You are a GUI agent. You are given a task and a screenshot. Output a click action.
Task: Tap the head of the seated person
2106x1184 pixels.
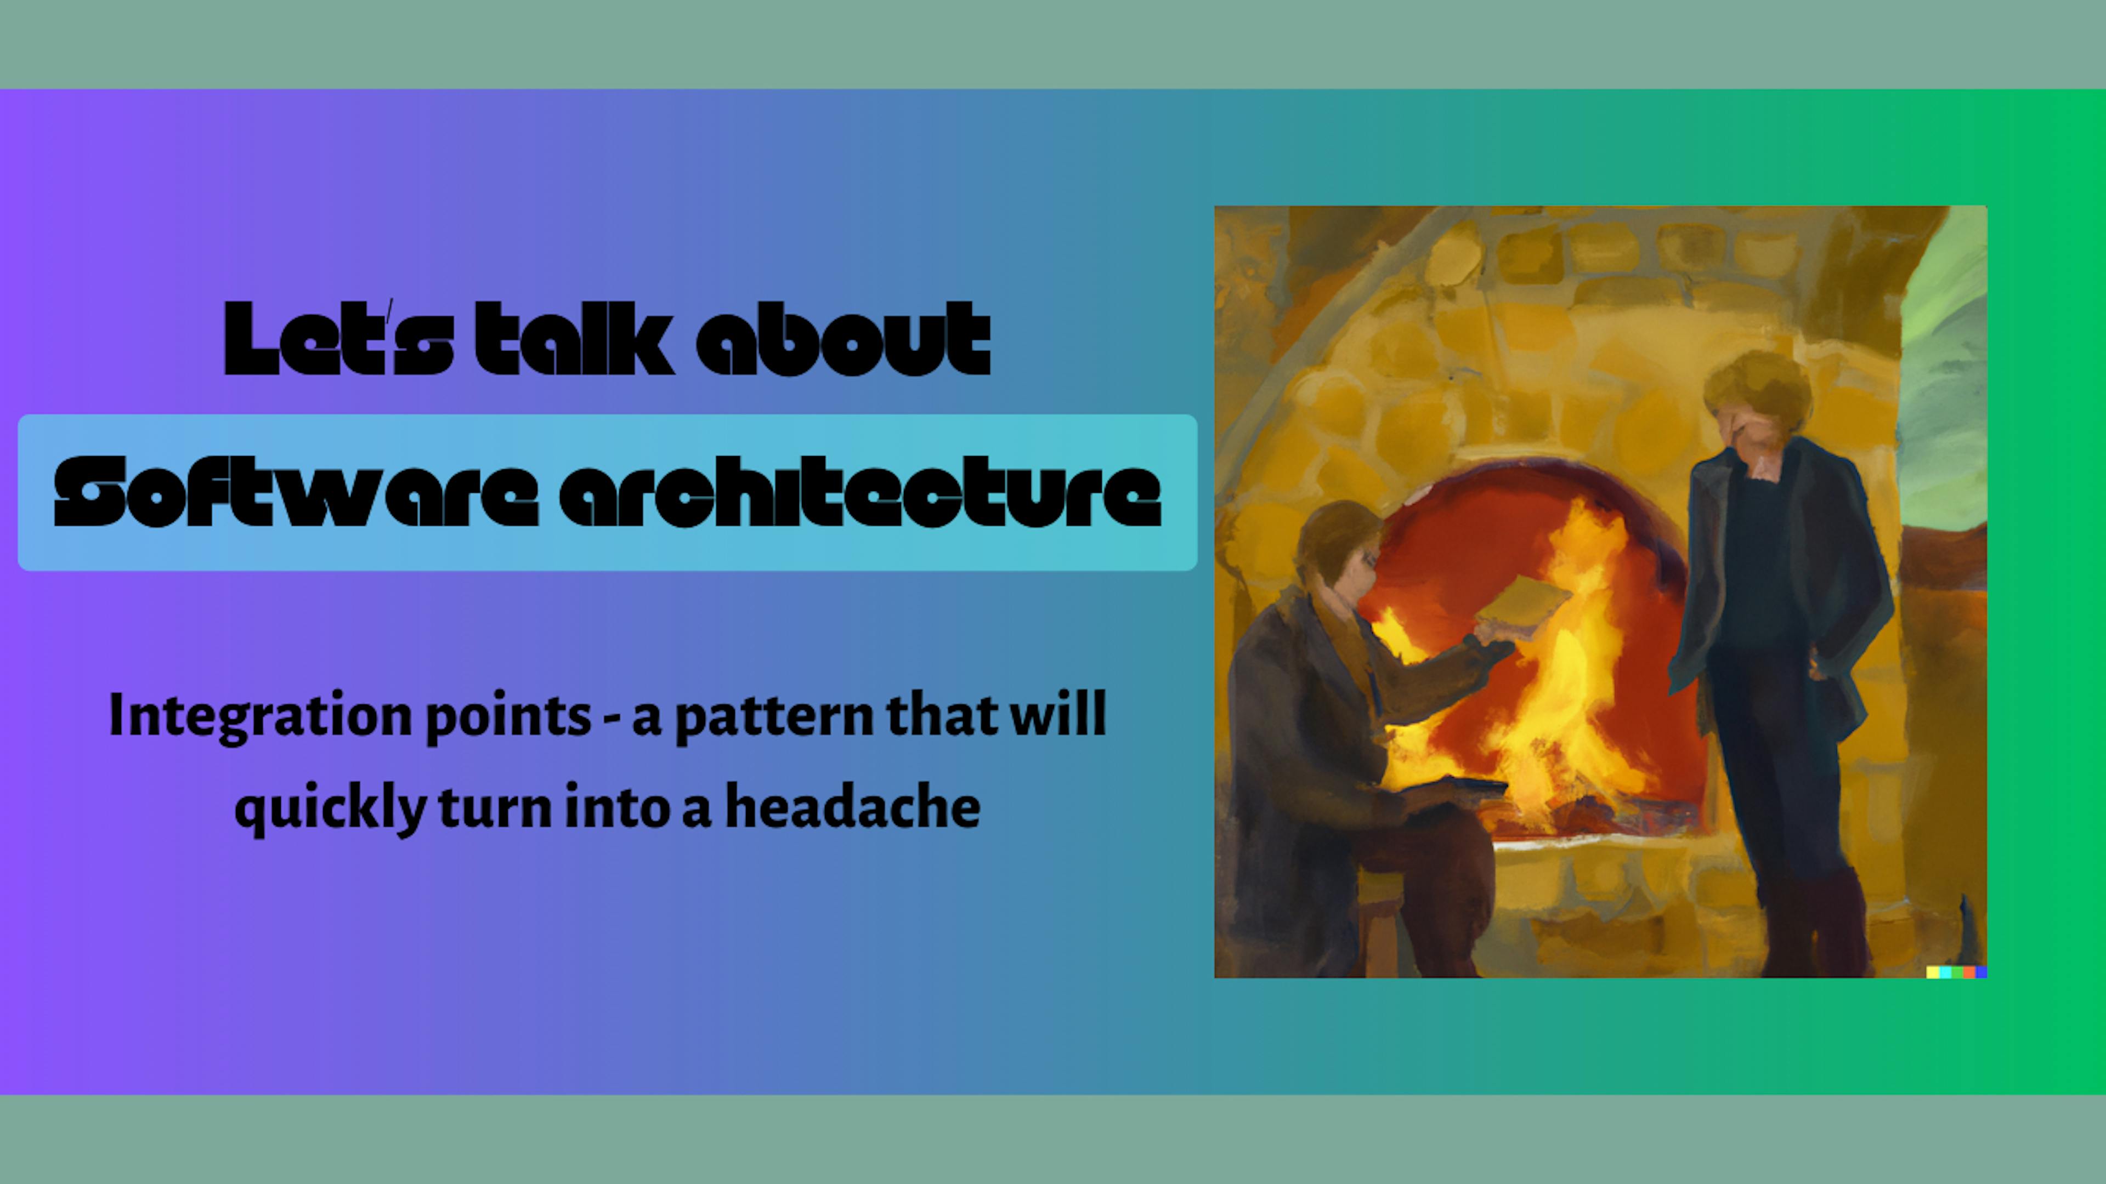click(1338, 548)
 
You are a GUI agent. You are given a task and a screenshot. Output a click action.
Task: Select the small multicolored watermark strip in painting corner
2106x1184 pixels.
click(1956, 971)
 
